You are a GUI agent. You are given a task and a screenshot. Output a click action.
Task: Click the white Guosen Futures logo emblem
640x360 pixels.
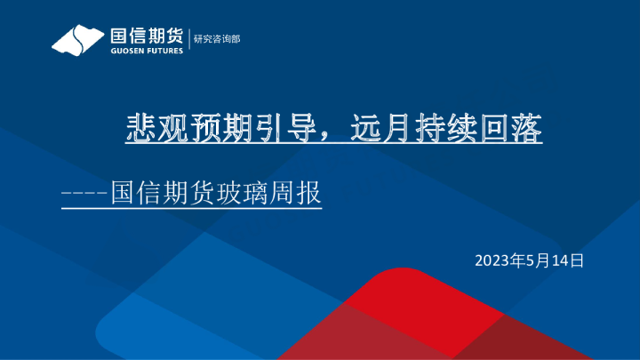[x=77, y=39]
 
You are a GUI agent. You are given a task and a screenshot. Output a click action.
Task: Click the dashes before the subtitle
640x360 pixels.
[x=84, y=192]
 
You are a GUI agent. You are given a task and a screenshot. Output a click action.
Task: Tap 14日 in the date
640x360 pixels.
[x=565, y=260]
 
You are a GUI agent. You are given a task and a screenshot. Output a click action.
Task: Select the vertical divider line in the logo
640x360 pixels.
[x=188, y=40]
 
